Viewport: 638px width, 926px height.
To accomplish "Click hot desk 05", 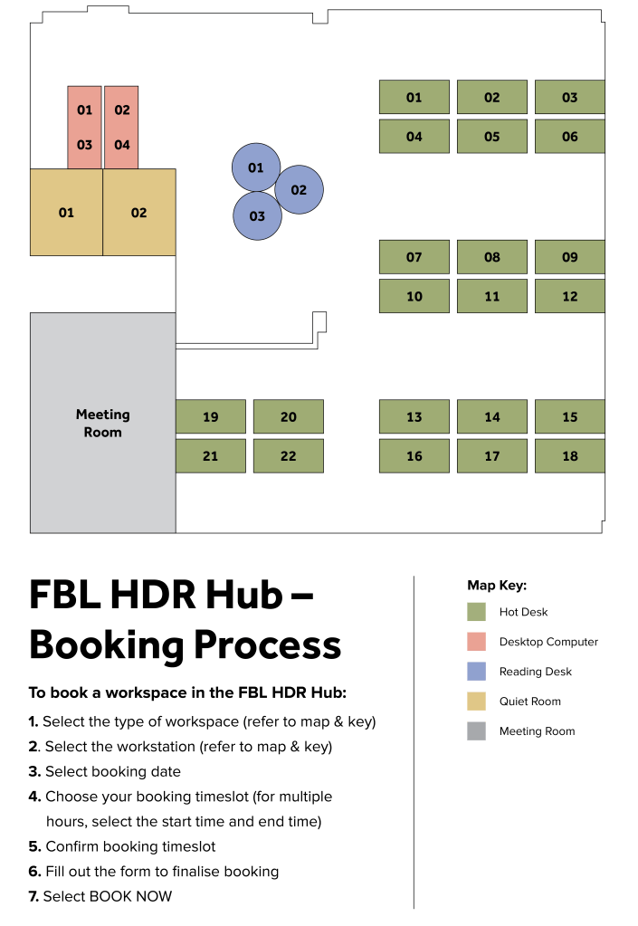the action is (491, 137).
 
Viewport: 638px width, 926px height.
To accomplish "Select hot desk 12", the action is (569, 296).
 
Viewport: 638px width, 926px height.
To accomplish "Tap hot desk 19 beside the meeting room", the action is (211, 416).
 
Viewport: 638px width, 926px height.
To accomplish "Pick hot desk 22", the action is (289, 455).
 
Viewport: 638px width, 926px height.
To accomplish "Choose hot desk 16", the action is (414, 455).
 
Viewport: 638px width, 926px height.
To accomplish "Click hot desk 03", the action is (569, 97).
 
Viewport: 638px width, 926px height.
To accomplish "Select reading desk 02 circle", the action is (300, 189).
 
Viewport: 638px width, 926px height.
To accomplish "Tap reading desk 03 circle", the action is (257, 215).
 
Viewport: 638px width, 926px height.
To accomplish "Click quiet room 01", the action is (67, 212).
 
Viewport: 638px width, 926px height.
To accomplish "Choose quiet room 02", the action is (139, 212).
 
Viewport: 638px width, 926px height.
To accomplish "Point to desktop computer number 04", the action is (122, 145).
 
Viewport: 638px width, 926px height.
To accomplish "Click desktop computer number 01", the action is (85, 110).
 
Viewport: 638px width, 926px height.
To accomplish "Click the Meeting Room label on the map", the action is (102, 423).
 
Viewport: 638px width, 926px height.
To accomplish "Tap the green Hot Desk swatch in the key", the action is (476, 612).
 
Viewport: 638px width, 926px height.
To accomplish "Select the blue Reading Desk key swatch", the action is (476, 672).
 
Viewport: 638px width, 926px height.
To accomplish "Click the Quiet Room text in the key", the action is (530, 701).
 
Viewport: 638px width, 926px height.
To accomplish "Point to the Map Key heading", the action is (497, 586).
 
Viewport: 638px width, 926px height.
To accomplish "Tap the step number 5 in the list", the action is (34, 846).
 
